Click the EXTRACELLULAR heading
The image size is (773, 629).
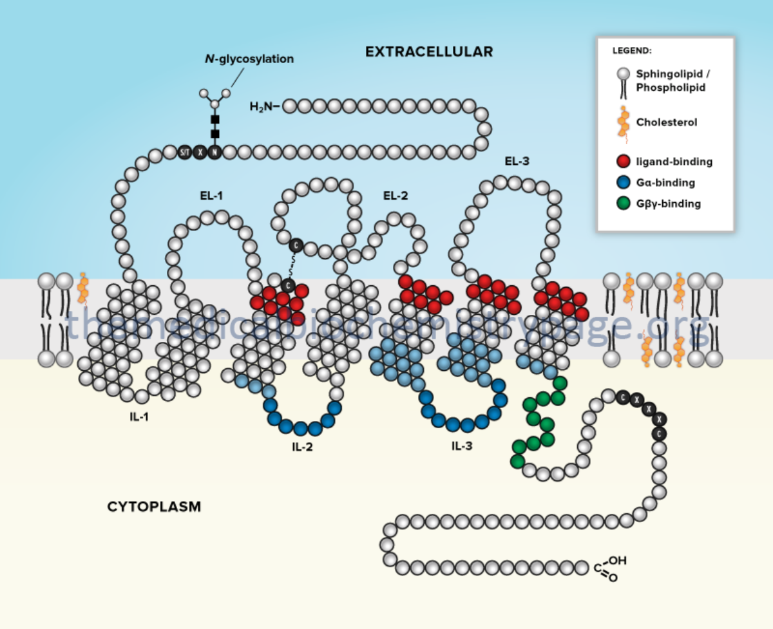429,52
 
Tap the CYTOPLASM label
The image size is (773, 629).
154,507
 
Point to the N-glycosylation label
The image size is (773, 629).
245,59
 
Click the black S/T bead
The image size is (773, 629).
185,153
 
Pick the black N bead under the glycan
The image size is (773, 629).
215,153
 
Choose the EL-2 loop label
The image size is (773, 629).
396,195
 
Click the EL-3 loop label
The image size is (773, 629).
517,161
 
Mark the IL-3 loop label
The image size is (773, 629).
461,444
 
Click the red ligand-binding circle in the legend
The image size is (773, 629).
623,162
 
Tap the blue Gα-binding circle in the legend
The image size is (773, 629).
623,182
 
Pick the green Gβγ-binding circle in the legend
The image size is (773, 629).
623,203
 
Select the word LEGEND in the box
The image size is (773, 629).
631,50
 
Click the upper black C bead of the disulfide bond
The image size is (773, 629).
296,245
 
